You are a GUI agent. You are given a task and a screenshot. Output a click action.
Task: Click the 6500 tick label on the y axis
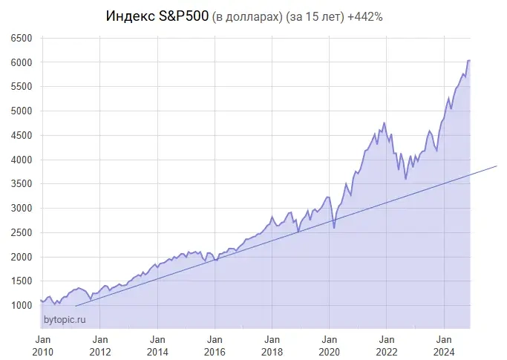click(x=22, y=38)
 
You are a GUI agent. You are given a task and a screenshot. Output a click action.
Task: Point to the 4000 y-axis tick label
click(x=22, y=160)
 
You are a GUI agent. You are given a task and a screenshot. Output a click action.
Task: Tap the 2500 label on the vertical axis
click(x=22, y=232)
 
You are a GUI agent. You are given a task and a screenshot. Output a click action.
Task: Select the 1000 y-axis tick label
click(x=22, y=305)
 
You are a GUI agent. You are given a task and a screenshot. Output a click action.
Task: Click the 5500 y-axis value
click(x=22, y=87)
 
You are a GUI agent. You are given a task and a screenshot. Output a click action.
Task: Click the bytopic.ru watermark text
click(x=65, y=319)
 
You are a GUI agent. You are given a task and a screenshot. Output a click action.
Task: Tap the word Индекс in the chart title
click(x=131, y=16)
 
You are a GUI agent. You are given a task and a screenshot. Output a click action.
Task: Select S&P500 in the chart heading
click(x=184, y=16)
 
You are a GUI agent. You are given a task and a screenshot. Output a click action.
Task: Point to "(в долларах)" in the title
click(x=247, y=16)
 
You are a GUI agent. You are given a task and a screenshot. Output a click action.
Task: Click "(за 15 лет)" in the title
click(x=314, y=16)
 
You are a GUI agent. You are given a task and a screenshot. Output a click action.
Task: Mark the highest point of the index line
click(x=469, y=60)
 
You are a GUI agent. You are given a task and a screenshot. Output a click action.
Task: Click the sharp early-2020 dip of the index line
click(x=334, y=227)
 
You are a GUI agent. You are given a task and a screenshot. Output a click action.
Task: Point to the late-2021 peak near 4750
click(x=384, y=122)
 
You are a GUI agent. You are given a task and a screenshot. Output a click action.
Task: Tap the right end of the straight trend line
click(x=496, y=166)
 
